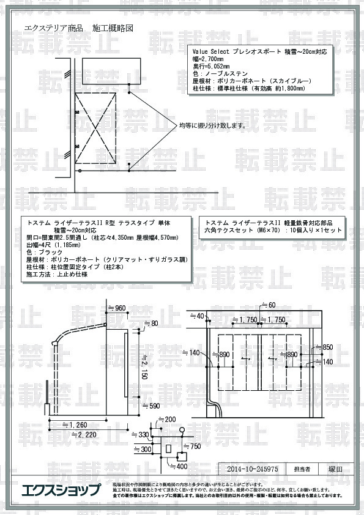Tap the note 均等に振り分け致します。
point(212,125)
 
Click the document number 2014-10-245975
point(252,470)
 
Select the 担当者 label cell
point(302,470)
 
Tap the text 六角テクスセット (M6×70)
point(242,231)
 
